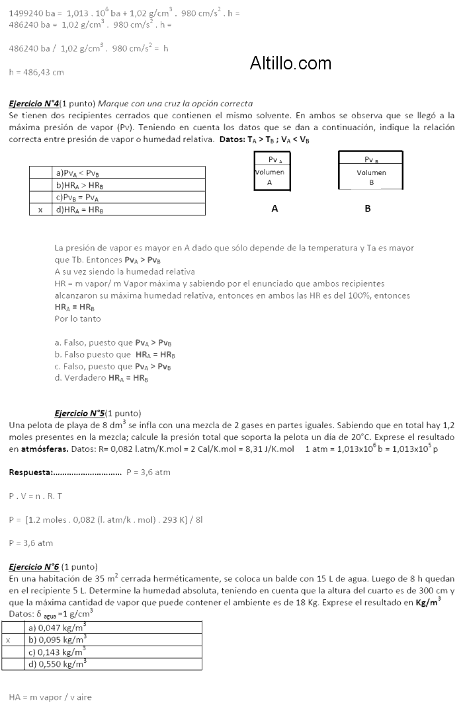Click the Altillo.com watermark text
[290, 63]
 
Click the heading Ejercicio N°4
[34, 104]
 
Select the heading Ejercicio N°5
[79, 413]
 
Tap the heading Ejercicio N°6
[34, 567]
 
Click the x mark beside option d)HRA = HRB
[40, 210]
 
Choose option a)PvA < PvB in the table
[77, 172]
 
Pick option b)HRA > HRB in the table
[79, 185]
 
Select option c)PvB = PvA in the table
[77, 198]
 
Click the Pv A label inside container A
[275, 160]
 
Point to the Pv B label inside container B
[371, 159]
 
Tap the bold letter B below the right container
[368, 208]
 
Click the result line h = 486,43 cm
[36, 72]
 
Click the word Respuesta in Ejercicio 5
[30, 472]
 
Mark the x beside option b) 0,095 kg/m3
[9, 640]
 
